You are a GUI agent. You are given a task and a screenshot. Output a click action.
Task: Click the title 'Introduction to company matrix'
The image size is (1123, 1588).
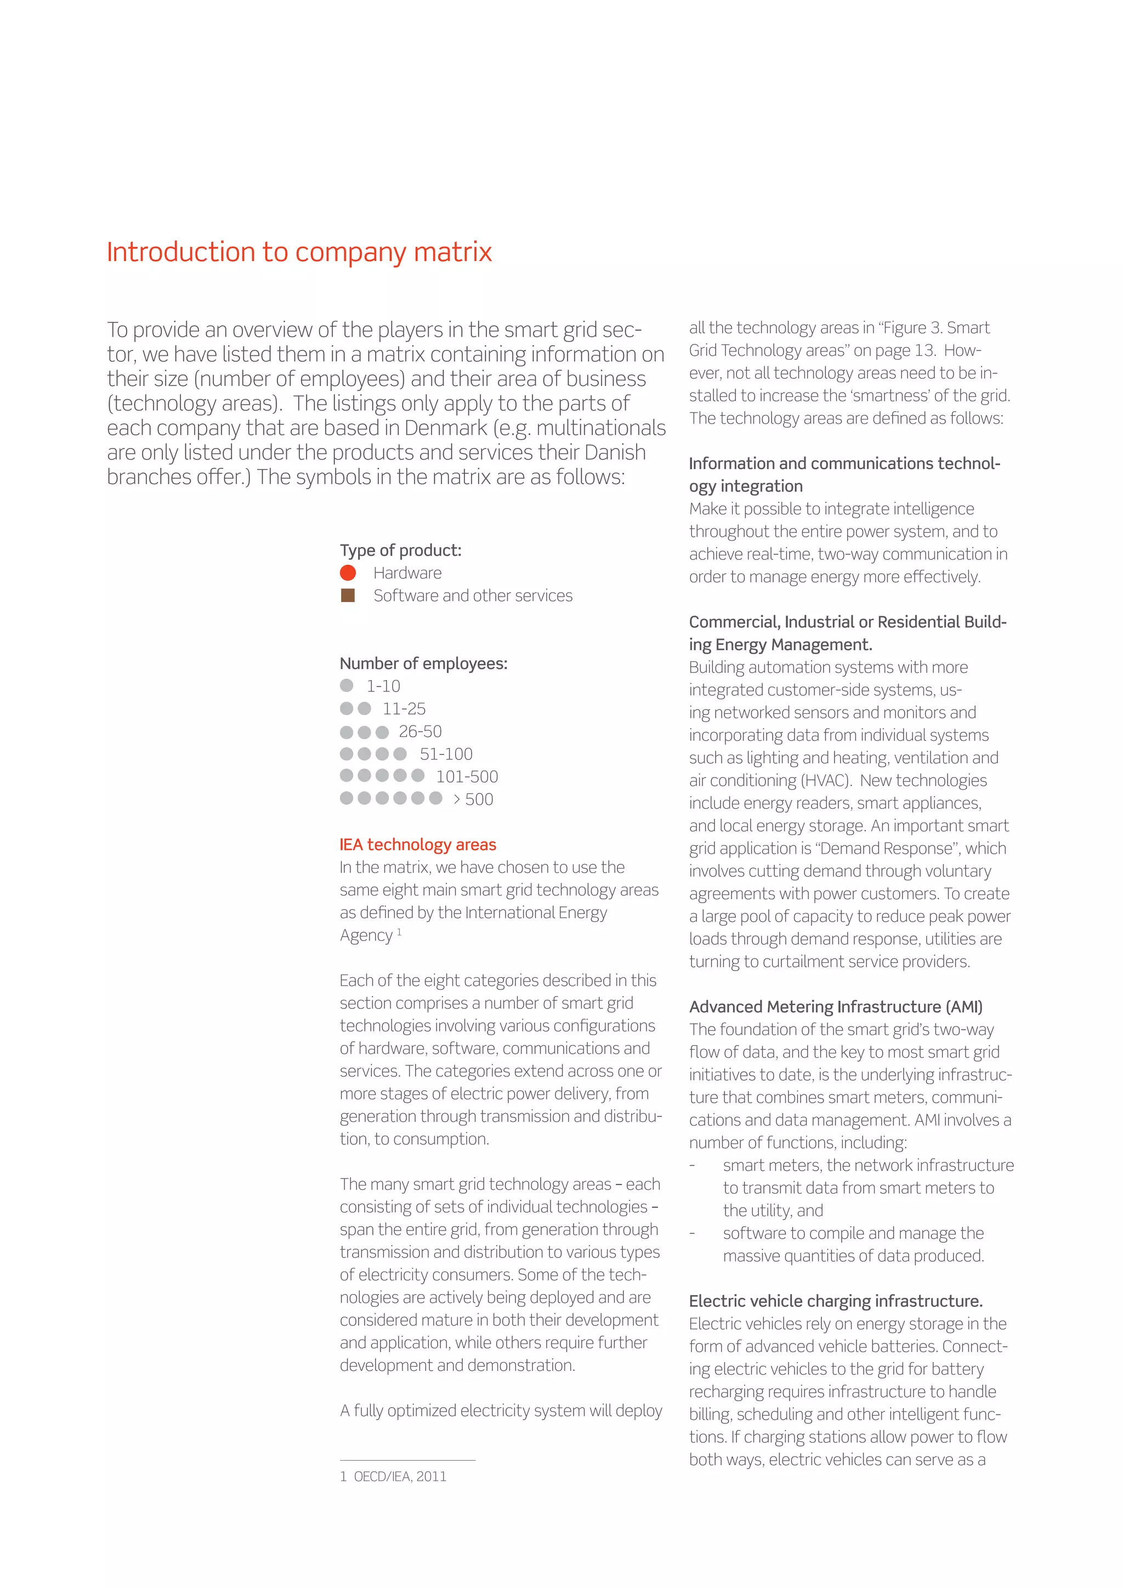(x=299, y=252)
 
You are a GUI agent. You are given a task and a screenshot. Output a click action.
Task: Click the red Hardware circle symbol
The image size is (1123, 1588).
(x=348, y=572)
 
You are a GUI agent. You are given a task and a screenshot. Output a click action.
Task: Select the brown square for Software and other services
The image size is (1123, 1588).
(x=348, y=595)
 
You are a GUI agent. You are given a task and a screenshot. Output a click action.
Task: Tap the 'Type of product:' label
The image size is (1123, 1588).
(x=400, y=551)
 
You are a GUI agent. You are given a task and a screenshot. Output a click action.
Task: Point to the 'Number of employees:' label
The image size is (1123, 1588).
(x=423, y=663)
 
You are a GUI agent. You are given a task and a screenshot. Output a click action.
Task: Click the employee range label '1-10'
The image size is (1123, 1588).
(x=383, y=686)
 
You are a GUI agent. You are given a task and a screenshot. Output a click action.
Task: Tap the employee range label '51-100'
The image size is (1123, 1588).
(x=446, y=754)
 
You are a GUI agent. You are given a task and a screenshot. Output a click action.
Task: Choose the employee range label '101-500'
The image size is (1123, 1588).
(x=467, y=776)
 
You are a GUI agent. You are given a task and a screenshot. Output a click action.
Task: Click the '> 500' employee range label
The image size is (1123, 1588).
(x=473, y=799)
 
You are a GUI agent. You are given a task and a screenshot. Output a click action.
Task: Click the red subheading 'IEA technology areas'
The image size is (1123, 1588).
(x=418, y=844)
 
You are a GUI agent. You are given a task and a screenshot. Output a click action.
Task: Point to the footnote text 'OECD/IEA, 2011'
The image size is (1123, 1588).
(x=400, y=1477)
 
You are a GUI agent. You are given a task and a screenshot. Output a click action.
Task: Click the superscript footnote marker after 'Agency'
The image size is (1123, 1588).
(x=399, y=932)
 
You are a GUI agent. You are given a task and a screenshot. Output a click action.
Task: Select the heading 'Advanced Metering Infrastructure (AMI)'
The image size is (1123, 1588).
(x=835, y=1006)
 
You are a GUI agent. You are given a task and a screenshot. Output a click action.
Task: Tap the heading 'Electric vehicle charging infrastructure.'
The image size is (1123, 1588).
(x=835, y=1301)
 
